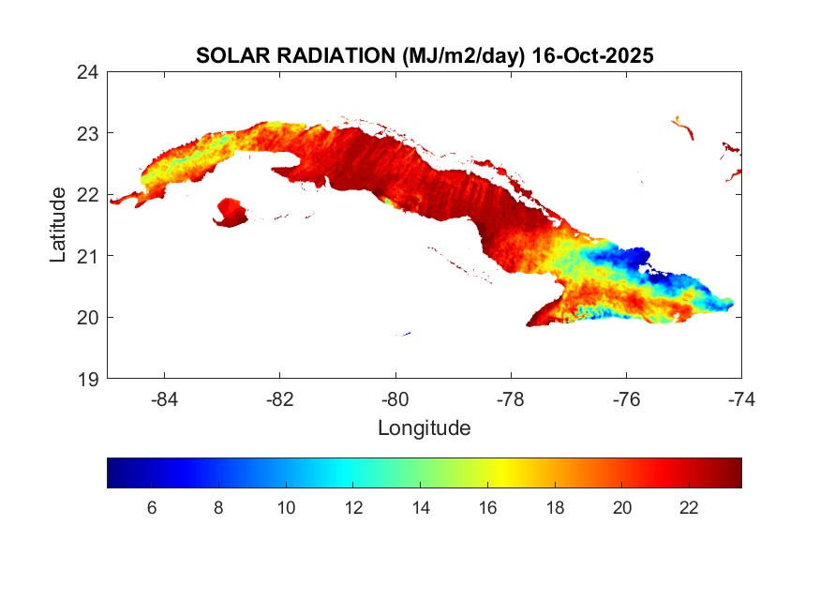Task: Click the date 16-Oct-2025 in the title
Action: (x=591, y=56)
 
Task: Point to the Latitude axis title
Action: (x=58, y=225)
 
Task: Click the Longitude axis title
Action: (x=424, y=428)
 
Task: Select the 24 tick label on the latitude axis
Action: (x=88, y=72)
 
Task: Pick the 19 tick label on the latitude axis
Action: (x=88, y=379)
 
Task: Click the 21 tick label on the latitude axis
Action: (x=88, y=256)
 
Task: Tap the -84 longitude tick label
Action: (x=165, y=399)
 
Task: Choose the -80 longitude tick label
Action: (x=395, y=399)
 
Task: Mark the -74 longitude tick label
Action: (x=740, y=399)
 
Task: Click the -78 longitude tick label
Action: (x=511, y=399)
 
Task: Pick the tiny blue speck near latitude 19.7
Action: (x=405, y=333)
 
